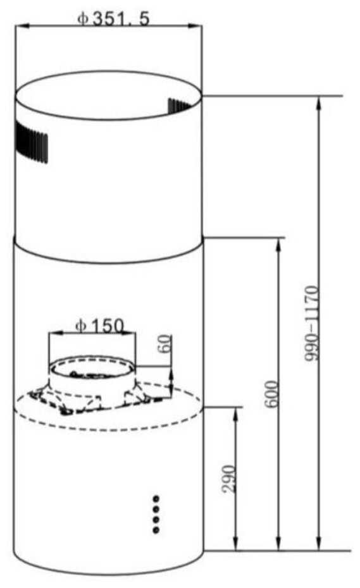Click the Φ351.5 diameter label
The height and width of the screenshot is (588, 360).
(x=113, y=18)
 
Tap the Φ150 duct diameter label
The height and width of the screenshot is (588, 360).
(x=100, y=326)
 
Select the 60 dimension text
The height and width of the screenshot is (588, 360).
(x=166, y=345)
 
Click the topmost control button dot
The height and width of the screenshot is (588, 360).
(x=156, y=498)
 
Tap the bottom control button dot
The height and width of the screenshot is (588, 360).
(x=156, y=529)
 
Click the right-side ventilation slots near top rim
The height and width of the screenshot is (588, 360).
(x=184, y=104)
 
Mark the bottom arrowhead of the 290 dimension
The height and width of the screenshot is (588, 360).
(x=235, y=546)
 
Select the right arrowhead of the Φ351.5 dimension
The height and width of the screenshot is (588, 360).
(x=198, y=26)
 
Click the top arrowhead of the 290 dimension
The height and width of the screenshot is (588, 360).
(x=235, y=412)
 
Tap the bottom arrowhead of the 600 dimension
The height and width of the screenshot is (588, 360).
(x=279, y=546)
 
